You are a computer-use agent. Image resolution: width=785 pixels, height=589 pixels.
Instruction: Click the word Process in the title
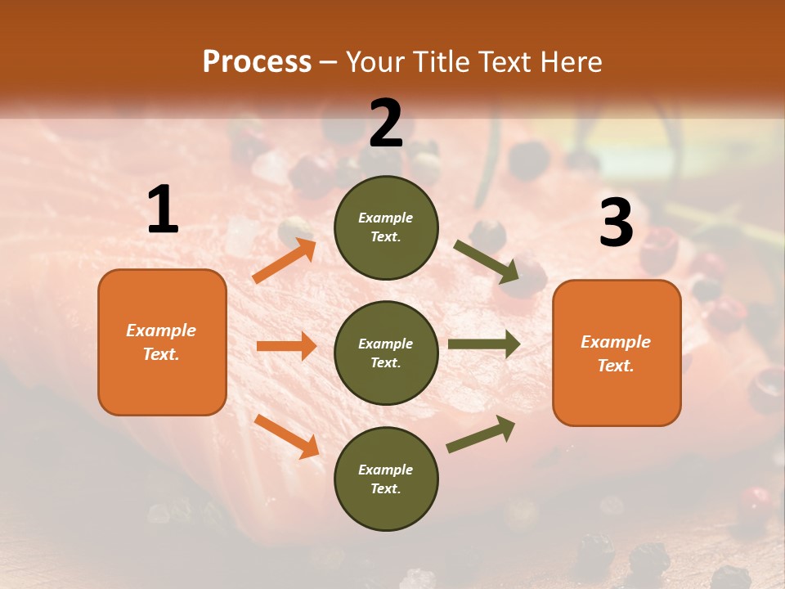(x=257, y=62)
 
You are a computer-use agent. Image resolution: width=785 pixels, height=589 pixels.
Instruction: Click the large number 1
(x=163, y=210)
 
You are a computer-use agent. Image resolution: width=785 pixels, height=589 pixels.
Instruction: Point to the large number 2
(x=386, y=124)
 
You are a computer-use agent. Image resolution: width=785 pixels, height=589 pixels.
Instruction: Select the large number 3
(x=617, y=223)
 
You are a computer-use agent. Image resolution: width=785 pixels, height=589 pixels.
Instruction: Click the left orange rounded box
(x=162, y=342)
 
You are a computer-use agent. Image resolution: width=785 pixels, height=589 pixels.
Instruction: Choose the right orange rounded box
(x=617, y=353)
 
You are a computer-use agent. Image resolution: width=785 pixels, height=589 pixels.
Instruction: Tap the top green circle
(x=386, y=227)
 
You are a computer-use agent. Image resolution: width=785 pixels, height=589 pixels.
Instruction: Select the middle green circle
(x=386, y=353)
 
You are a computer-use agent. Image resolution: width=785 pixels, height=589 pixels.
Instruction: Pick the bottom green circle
(x=386, y=479)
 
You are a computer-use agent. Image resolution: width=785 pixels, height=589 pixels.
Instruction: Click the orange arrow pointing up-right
(x=285, y=261)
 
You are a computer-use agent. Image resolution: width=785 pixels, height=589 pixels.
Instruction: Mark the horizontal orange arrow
(x=286, y=346)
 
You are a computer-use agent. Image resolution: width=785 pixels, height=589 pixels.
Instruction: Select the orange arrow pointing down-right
(x=286, y=436)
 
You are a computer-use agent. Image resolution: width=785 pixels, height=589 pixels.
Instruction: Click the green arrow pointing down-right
(x=487, y=262)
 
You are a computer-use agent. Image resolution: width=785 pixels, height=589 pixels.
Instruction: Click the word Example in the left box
(x=161, y=330)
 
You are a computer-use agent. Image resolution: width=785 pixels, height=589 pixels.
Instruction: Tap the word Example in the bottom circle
(x=385, y=470)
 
